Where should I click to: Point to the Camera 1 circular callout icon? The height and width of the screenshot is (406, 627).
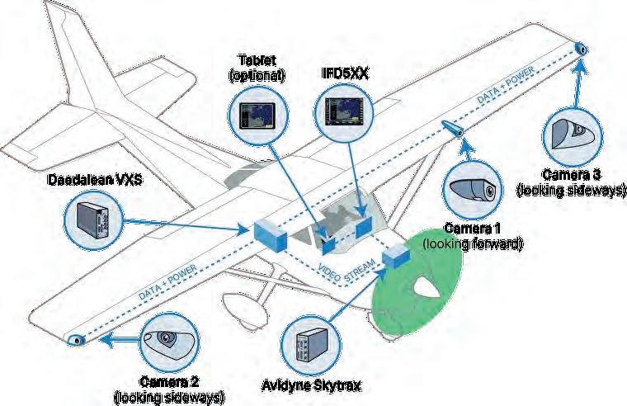click(472, 191)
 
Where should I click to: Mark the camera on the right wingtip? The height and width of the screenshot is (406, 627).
click(582, 50)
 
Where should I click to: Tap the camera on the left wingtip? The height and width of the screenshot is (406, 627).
click(76, 340)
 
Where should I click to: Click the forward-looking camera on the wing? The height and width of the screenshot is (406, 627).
click(452, 130)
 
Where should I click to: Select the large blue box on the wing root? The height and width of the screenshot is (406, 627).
click(270, 235)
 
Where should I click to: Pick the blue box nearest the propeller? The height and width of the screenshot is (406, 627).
click(398, 256)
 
